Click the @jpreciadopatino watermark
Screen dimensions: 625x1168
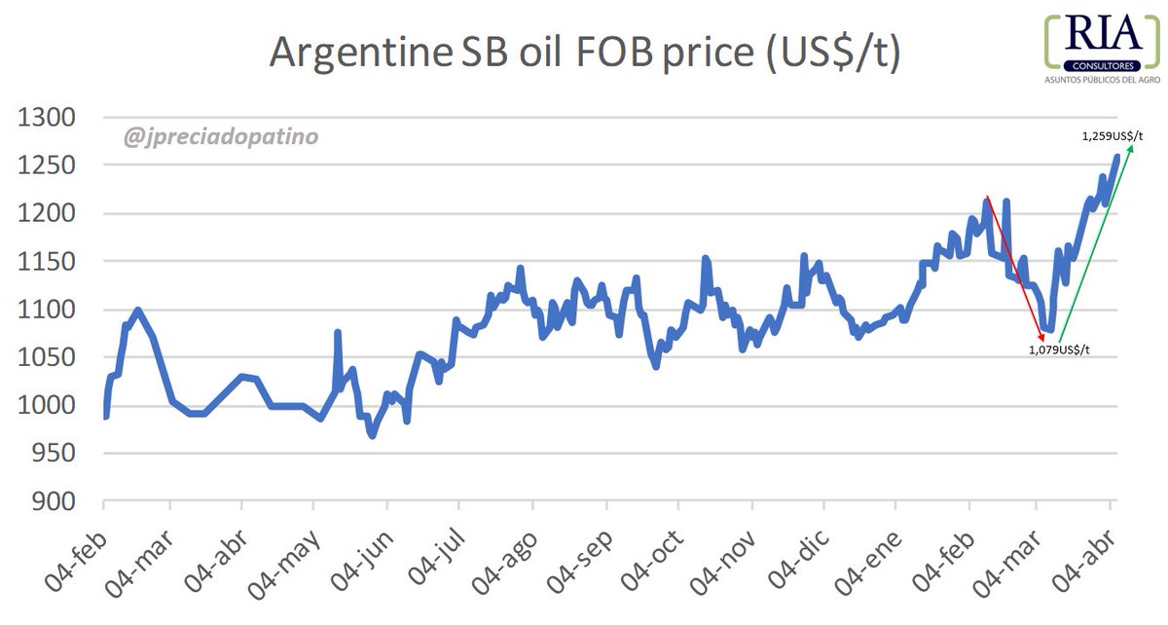tap(221, 137)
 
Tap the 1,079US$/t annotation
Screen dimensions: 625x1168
tap(1059, 349)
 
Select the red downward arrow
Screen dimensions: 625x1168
tap(1014, 267)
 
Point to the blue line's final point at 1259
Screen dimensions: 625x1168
tap(1116, 156)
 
